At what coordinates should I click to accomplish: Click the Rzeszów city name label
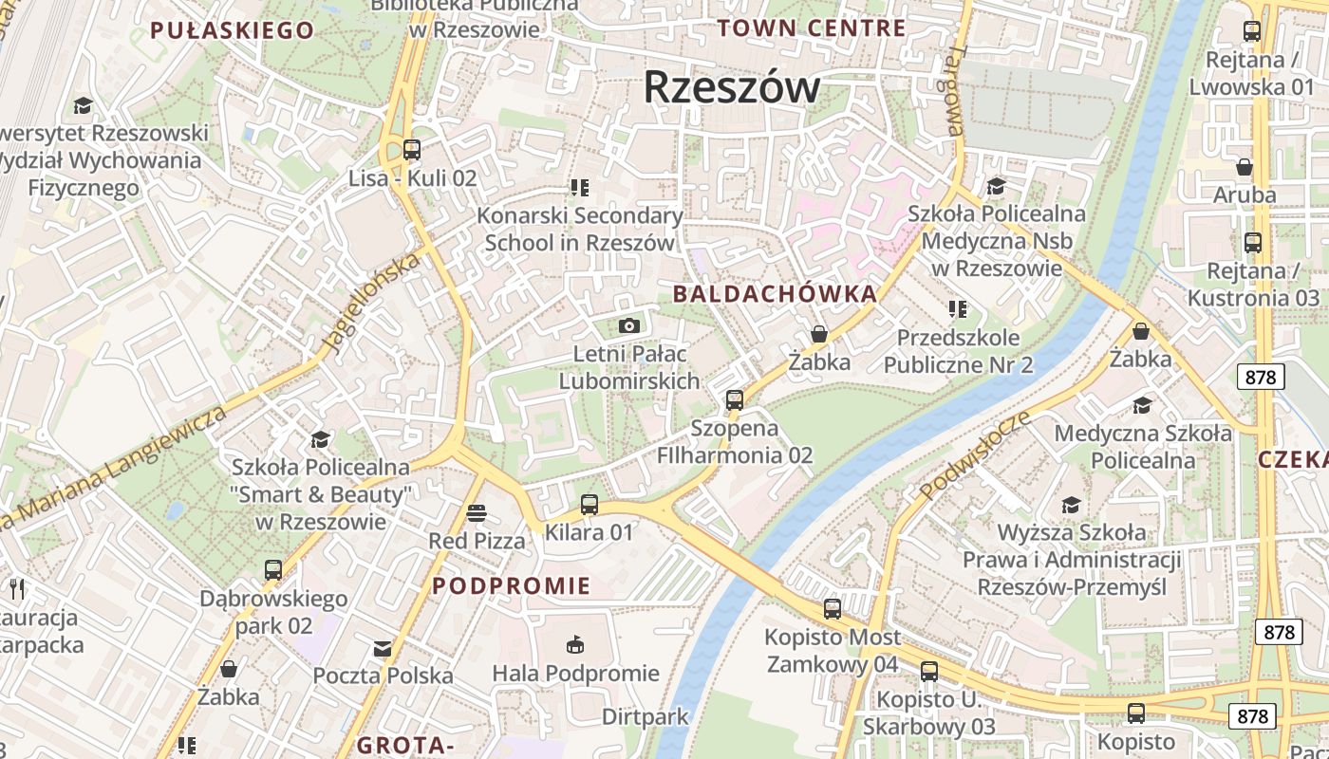coord(731,87)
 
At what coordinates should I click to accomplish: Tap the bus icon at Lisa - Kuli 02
coord(411,150)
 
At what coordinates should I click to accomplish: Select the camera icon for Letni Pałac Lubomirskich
coord(628,325)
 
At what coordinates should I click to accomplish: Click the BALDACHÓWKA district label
coord(775,294)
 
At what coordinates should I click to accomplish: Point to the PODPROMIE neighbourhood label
coord(512,585)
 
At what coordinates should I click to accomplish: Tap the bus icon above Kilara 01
coord(590,505)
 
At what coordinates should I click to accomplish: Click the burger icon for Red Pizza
coord(477,514)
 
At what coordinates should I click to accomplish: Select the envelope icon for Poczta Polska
coord(382,649)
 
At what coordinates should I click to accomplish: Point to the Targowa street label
coord(953,89)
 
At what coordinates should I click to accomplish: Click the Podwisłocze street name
coord(975,454)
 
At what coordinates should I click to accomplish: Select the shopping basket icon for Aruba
coord(1244,168)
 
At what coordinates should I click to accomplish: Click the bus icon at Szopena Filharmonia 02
coord(734,400)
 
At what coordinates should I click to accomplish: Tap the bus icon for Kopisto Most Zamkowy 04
coord(833,609)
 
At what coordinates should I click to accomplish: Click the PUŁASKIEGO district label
coord(232,30)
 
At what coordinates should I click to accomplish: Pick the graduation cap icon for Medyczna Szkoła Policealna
coord(1142,406)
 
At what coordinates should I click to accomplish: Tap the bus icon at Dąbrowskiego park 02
coord(273,570)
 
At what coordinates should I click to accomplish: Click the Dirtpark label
coord(645,716)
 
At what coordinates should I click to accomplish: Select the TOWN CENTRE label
coord(811,28)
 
